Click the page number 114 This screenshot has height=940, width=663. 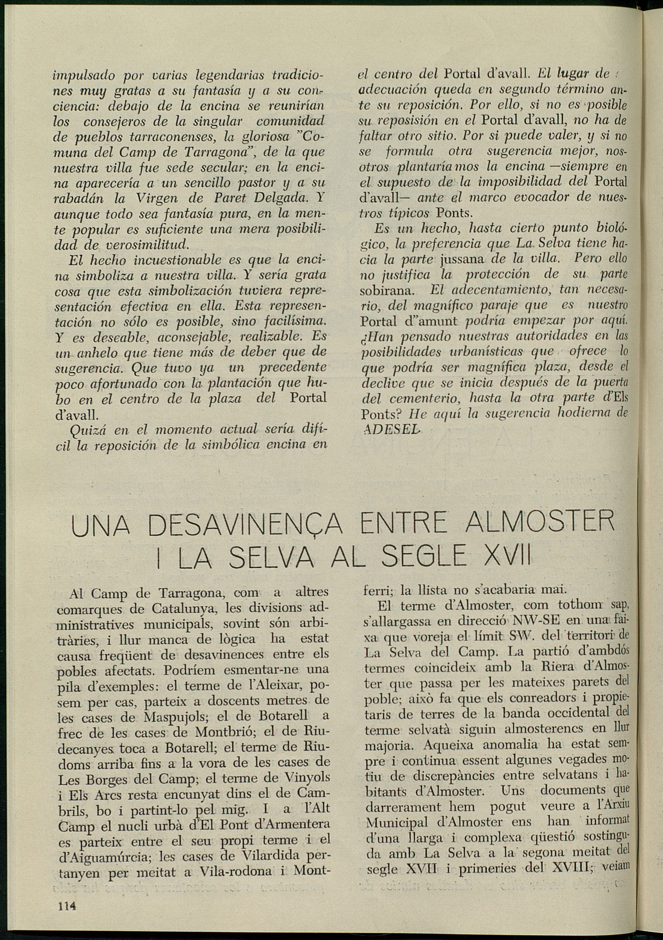pos(68,906)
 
